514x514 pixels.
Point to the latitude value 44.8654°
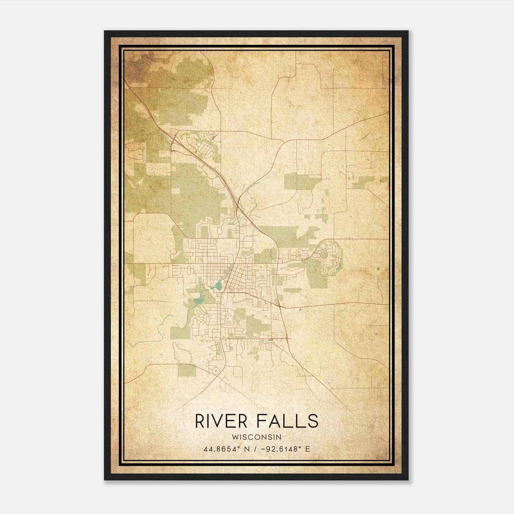point(222,449)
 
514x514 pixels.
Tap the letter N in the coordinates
point(247,449)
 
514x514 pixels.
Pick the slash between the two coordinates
point(255,449)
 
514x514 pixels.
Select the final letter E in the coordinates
point(308,449)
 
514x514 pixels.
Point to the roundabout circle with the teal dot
point(216,371)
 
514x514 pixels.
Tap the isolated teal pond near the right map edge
point(378,269)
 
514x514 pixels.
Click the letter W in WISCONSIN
point(234,437)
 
